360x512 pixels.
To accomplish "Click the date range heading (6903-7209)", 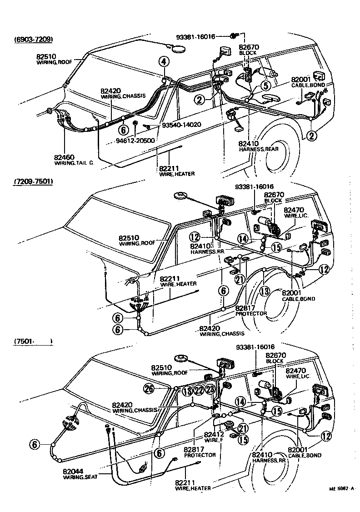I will (34, 40).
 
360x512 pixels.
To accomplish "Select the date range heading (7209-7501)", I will (34, 182).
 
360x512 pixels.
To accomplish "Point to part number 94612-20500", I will (135, 141).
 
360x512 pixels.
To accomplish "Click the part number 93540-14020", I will (181, 125).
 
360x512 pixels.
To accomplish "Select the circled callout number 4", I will (164, 62).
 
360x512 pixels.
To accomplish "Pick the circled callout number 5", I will (265, 85).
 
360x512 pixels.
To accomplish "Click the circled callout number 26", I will (149, 388).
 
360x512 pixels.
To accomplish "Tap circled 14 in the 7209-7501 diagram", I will (244, 238).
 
